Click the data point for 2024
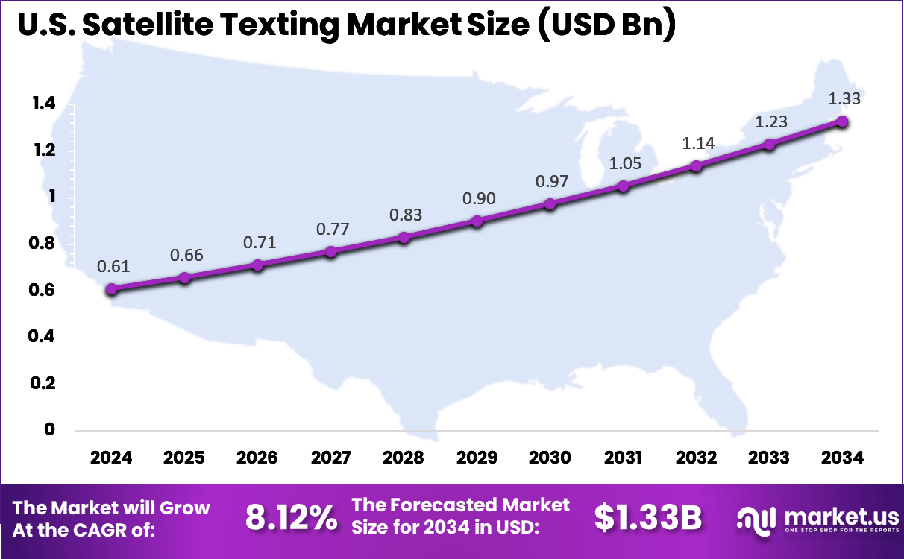tap(112, 289)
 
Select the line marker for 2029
tap(477, 221)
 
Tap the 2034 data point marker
tap(842, 121)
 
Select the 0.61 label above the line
tap(112, 267)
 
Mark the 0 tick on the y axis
tap(50, 429)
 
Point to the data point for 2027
tap(331, 252)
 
